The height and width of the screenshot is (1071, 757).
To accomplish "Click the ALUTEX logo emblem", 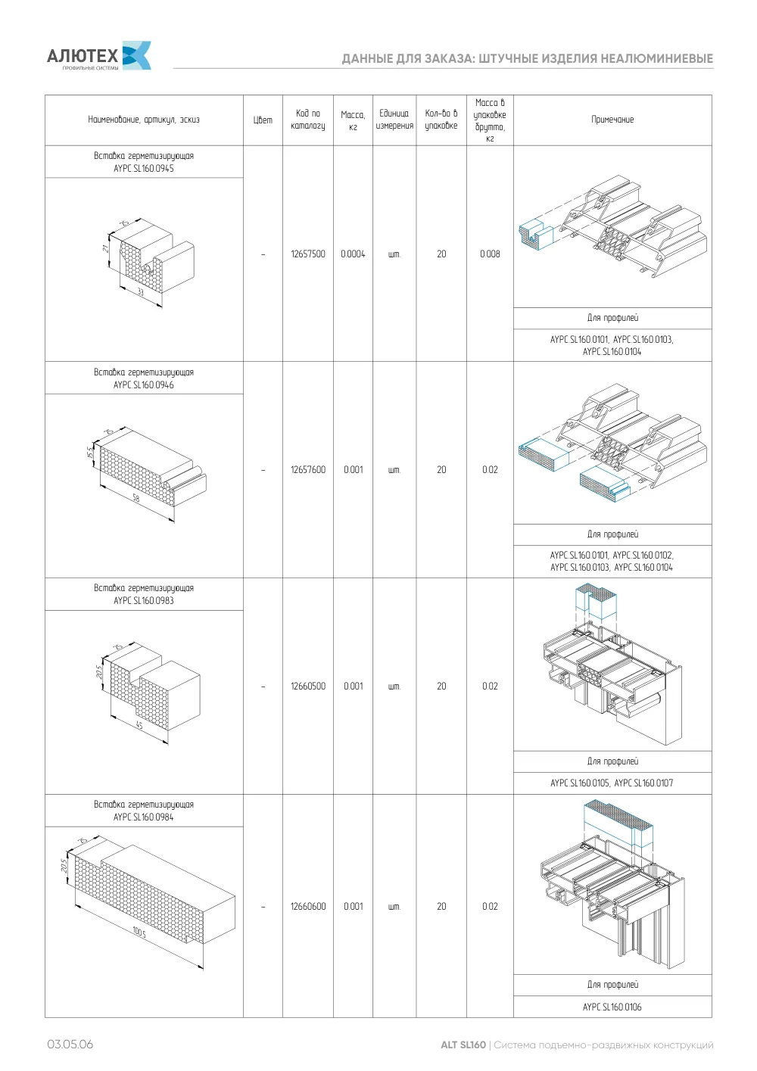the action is point(137,55).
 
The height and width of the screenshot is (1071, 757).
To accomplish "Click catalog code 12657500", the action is point(308,254).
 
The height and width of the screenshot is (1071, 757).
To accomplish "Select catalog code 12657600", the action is point(308,469).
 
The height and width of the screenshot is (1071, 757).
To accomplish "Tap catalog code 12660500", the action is point(308,686).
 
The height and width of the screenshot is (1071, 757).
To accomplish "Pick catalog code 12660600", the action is point(308,906).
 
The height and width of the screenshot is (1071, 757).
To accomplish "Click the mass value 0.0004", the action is point(353,254).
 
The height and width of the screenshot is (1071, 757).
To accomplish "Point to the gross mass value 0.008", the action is point(491,254).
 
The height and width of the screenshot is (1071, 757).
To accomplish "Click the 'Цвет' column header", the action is point(263,120).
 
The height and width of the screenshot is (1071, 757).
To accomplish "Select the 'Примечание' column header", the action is point(612,120).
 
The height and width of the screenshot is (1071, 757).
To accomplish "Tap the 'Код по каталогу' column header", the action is point(308,120).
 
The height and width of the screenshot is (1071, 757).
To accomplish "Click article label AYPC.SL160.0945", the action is point(144,168).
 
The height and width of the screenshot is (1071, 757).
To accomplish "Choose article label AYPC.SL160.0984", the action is point(144,817).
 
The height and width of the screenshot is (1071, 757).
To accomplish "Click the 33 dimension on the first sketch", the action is point(141,291).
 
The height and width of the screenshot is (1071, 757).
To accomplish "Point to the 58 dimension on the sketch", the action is point(136,498).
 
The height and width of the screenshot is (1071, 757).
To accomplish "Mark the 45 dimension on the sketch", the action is point(139,725).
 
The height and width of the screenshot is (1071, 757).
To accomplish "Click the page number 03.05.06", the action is point(70,1045).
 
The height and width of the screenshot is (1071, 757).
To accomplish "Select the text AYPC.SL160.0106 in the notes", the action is point(612,1007).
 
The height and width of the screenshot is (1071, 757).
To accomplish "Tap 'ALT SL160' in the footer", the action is point(463,1045).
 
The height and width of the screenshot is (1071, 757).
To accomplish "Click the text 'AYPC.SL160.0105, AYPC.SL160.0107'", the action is point(612,783).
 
